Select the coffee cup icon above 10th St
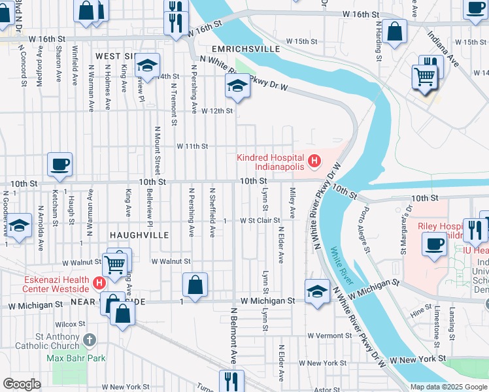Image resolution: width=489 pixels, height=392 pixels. pyautogui.click(x=60, y=165)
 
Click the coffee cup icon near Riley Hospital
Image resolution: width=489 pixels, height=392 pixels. pyautogui.click(x=434, y=244)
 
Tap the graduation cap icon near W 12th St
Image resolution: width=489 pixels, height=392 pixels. pyautogui.click(x=237, y=86)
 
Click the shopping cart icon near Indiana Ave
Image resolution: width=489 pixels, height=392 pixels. pyautogui.click(x=425, y=76)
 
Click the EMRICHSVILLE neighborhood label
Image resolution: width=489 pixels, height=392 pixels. pyautogui.click(x=246, y=49)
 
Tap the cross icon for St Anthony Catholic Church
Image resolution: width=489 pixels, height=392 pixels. pyautogui.click(x=90, y=340)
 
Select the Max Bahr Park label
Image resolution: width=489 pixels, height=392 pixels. pyautogui.click(x=76, y=358)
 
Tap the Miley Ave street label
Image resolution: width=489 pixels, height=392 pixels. pyautogui.click(x=292, y=203)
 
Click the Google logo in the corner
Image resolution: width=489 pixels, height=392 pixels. pyautogui.click(x=22, y=384)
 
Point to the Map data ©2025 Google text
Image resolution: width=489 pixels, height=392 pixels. pyautogui.click(x=448, y=387)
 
